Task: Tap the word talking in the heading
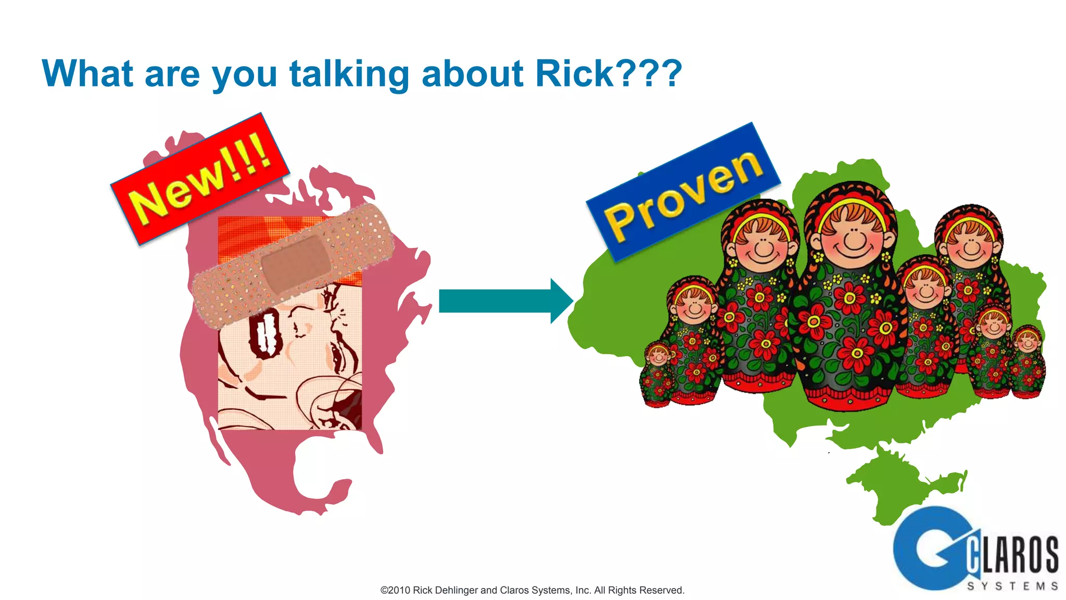pyautogui.click(x=349, y=74)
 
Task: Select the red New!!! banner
pyautogui.click(x=200, y=179)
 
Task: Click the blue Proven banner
pyautogui.click(x=683, y=192)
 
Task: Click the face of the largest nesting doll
pyautogui.click(x=853, y=237)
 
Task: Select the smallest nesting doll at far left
pyautogui.click(x=657, y=373)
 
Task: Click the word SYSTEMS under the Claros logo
pyautogui.click(x=1012, y=586)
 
